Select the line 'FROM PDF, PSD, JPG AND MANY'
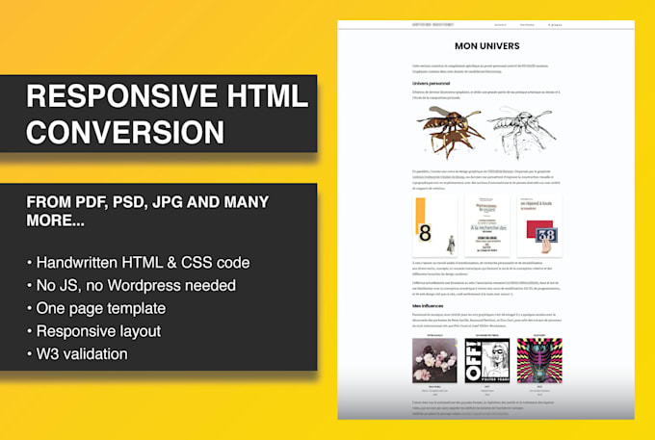click(147, 202)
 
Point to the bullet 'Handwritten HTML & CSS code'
click(139, 262)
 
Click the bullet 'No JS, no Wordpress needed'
click(130, 285)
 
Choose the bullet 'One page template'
click(96, 308)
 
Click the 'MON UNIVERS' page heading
click(486, 45)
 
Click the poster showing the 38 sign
click(540, 227)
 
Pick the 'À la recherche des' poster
click(485, 227)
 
